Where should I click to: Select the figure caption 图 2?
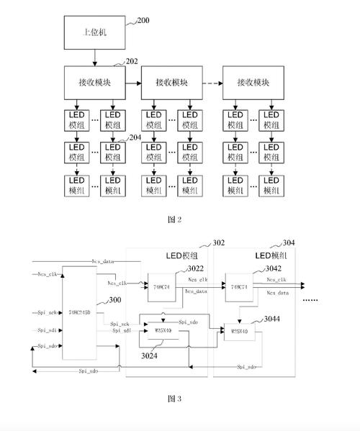click(x=174, y=220)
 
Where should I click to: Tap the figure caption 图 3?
click(x=174, y=398)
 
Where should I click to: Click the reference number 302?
click(x=218, y=244)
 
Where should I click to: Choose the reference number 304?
click(x=288, y=243)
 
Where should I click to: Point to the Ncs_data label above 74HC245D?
click(x=104, y=261)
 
